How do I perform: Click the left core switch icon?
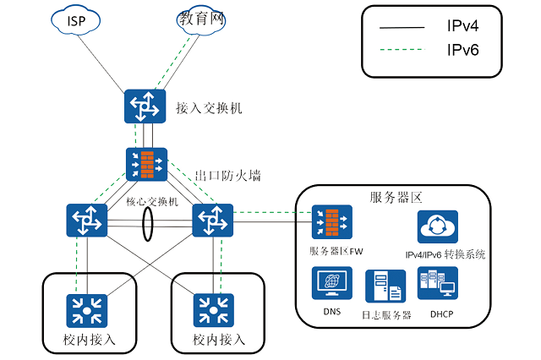87,221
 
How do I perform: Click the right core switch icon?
212,221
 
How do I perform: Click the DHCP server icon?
437,286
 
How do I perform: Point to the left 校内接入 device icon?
85,311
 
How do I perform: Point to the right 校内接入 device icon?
213,311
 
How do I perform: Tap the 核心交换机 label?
152,201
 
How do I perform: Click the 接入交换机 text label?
209,108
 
